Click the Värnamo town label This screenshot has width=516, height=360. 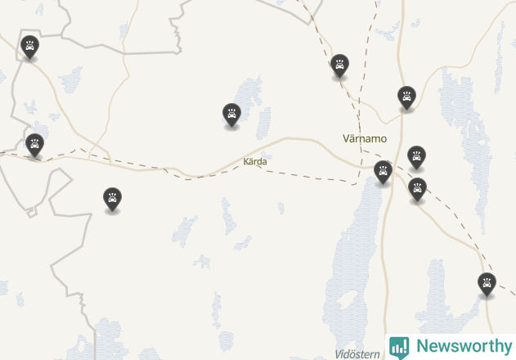[x=365, y=138]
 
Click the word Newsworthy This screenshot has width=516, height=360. [x=463, y=346]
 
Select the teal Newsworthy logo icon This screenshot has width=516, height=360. [x=399, y=347]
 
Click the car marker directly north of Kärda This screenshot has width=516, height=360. [x=232, y=115]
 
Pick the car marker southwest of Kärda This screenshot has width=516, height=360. [x=112, y=199]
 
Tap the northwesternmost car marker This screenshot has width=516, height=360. [x=29, y=47]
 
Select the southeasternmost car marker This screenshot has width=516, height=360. [x=487, y=284]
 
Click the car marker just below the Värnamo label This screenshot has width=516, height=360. [x=383, y=172]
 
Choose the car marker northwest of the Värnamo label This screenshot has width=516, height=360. [x=339, y=65]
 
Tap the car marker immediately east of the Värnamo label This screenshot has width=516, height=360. [x=417, y=156]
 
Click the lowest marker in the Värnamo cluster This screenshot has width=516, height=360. [x=418, y=189]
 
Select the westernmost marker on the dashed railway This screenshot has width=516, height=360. [x=34, y=145]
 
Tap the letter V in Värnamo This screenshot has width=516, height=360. [x=347, y=138]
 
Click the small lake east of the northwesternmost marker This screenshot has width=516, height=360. [x=70, y=79]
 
